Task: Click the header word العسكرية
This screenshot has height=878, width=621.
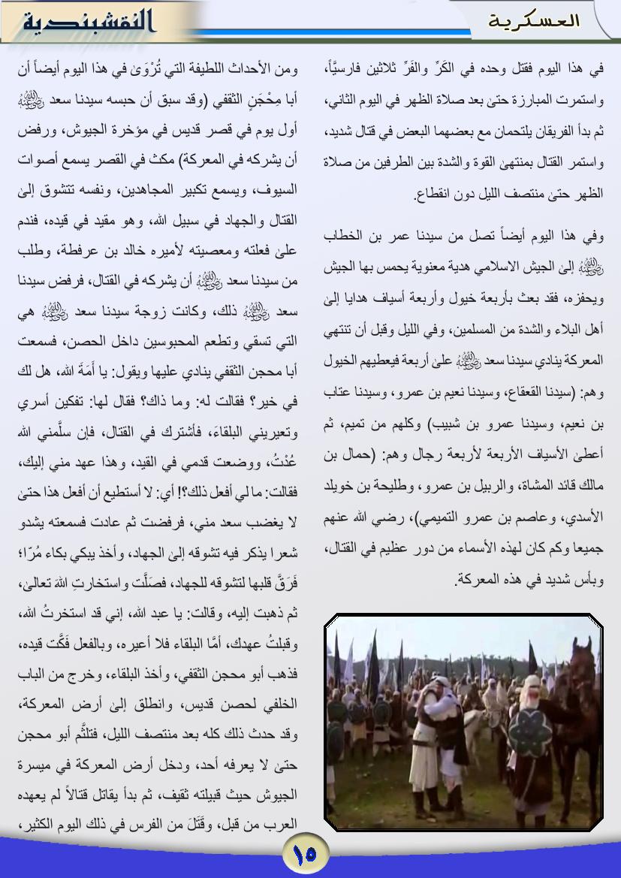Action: tap(534, 20)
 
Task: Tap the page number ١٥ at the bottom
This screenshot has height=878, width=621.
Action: tap(305, 854)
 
